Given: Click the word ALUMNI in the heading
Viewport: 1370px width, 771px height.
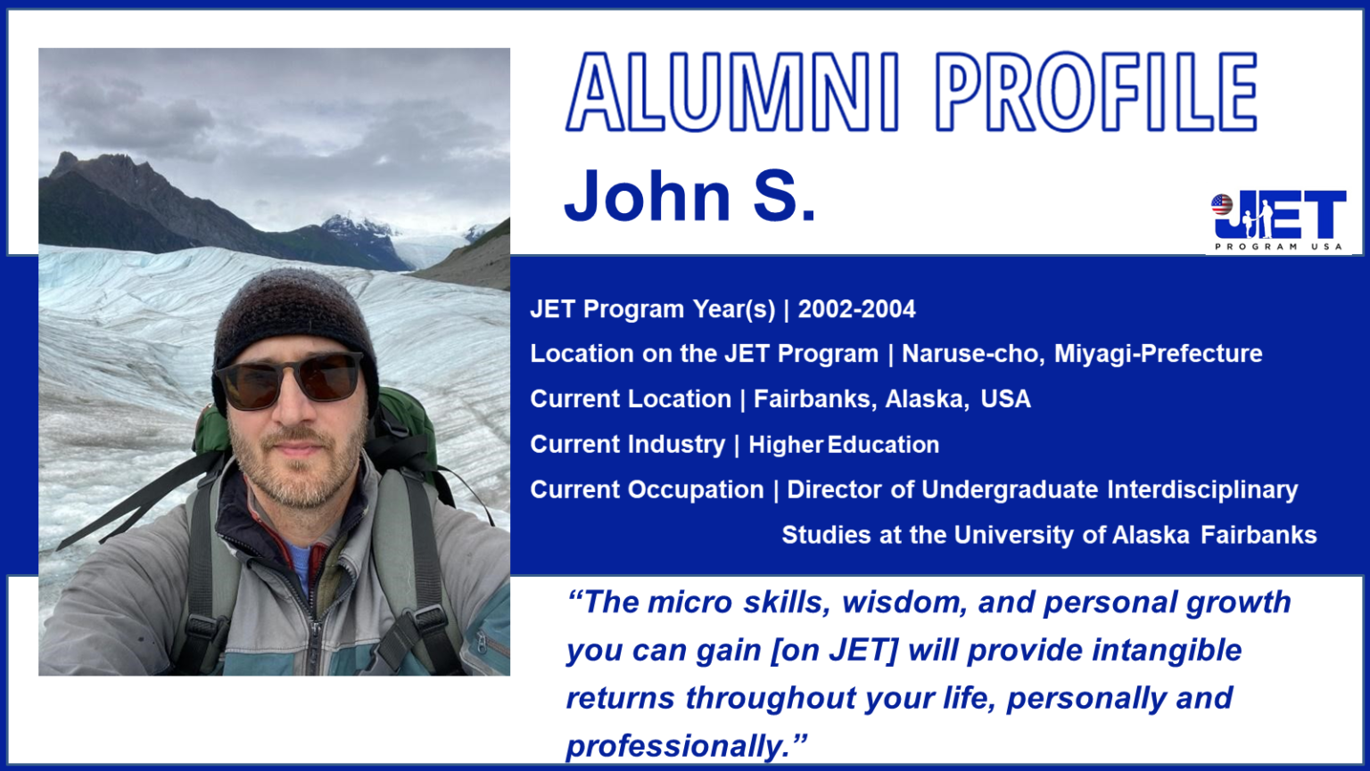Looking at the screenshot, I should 731,92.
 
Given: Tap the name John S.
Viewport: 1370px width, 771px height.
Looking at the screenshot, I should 689,195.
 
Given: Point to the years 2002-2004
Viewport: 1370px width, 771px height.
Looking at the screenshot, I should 856,309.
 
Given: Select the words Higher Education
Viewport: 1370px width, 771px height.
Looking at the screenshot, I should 843,445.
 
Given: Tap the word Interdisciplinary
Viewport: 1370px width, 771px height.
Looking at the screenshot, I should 1202,489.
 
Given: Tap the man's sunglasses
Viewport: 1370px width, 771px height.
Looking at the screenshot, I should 291,379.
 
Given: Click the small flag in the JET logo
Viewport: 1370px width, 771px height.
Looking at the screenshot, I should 1222,205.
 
